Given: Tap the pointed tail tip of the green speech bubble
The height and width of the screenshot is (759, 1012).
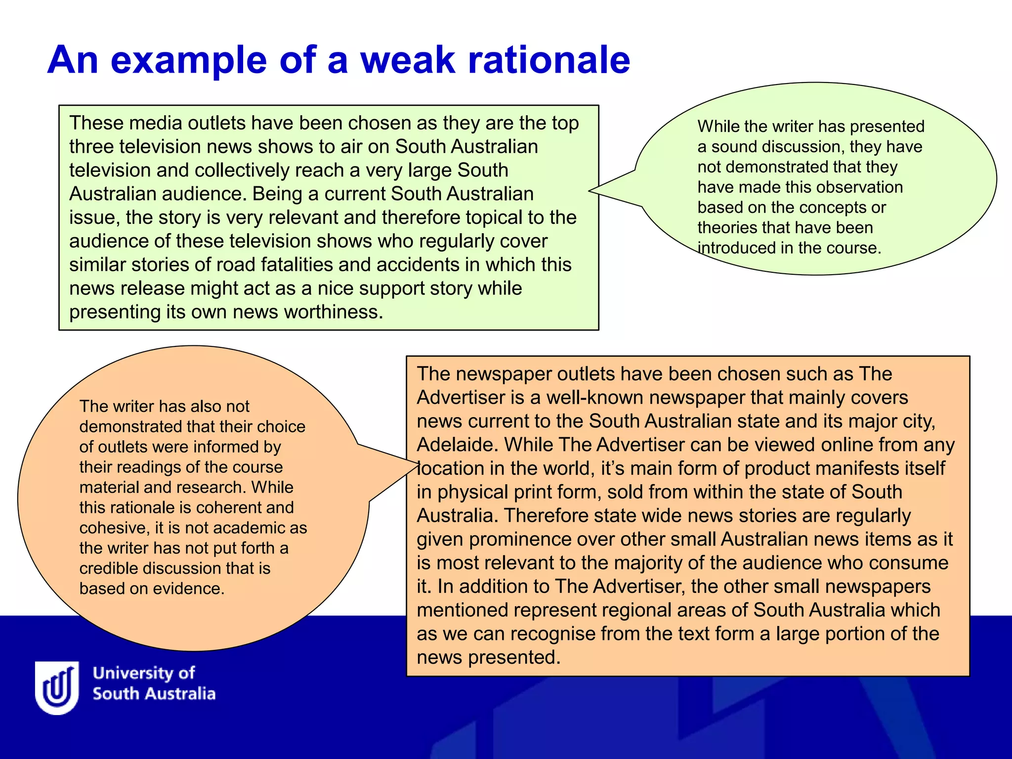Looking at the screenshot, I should (x=590, y=190).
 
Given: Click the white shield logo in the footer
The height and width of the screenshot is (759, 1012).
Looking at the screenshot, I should (x=57, y=687).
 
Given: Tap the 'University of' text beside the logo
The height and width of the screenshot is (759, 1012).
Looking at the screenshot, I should (x=144, y=673).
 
